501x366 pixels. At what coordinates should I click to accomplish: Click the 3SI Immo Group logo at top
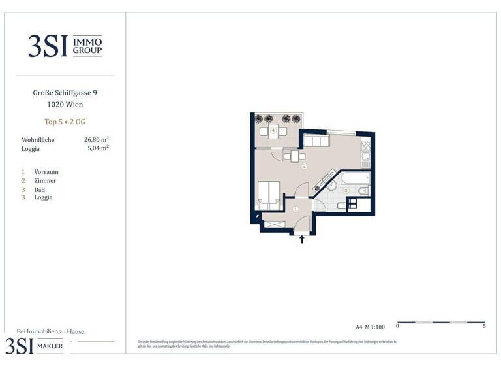click(x=65, y=45)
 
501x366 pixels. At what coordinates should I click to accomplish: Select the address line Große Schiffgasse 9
click(x=65, y=93)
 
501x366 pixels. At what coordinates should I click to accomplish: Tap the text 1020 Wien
click(x=65, y=105)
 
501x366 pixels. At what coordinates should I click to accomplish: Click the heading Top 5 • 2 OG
click(x=65, y=122)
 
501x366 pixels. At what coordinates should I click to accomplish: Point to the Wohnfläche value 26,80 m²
click(x=97, y=140)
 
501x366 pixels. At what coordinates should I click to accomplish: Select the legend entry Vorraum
click(x=46, y=172)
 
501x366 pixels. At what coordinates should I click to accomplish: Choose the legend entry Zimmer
click(x=45, y=180)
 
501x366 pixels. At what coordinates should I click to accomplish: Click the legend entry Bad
click(x=40, y=190)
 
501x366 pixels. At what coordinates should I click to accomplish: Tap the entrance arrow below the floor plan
click(x=301, y=240)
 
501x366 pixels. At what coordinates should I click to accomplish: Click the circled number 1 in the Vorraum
click(x=295, y=209)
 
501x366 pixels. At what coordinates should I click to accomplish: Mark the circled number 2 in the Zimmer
click(x=304, y=167)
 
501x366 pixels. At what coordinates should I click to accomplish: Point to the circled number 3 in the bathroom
click(x=346, y=191)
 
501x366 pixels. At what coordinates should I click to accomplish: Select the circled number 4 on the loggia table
click(x=274, y=131)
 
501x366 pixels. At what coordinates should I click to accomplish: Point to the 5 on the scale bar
click(x=484, y=325)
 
